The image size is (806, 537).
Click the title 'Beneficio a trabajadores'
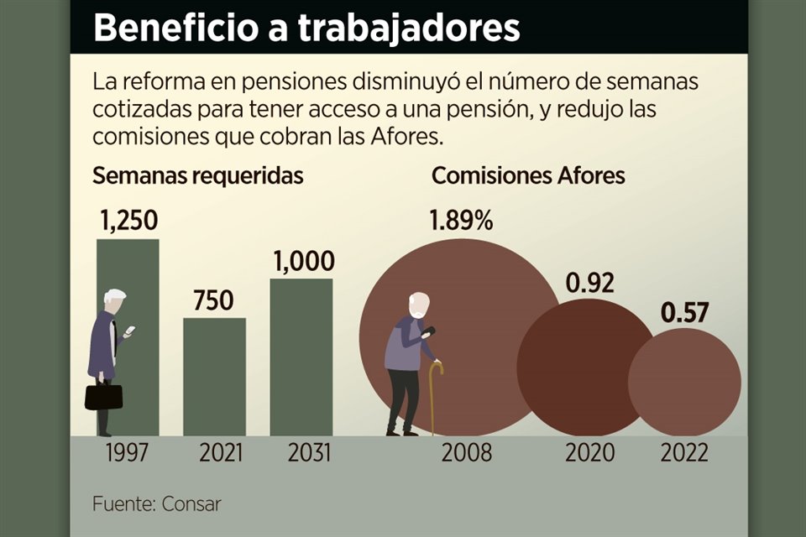pos(306,27)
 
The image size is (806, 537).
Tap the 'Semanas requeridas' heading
pos(197,176)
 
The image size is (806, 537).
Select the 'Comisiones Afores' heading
pos(528,176)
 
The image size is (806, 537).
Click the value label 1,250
pos(128,222)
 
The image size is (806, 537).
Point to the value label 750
pos(214,300)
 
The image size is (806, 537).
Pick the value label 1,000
pos(303,262)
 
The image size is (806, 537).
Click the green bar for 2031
pos(301,357)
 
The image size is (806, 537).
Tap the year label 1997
pos(128,454)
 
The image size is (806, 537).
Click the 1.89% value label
pos(461,222)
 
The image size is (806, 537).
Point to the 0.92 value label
pos(589,283)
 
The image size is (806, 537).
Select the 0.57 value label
pos(685,313)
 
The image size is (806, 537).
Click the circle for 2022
pos(684,382)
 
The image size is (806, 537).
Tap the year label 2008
pos(467,454)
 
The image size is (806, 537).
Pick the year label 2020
pos(590,454)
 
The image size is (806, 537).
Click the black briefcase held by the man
pos(103,396)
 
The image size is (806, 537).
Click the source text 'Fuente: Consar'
pos(157,504)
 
